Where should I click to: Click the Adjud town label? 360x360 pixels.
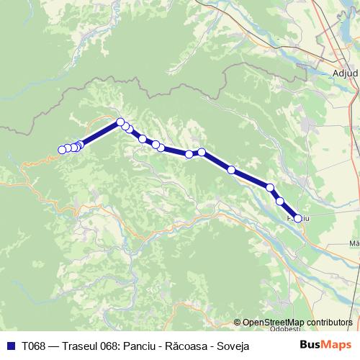point(345,73)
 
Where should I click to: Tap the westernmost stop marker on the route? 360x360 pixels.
point(62,150)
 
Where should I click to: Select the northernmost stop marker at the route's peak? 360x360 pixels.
point(120,122)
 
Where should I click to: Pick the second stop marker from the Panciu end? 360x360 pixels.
point(280,201)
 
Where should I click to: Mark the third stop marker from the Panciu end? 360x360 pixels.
point(271,187)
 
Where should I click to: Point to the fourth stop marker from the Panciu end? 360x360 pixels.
point(231,170)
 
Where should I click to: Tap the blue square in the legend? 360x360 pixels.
point(10,346)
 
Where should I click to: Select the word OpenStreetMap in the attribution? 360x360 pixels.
point(273,322)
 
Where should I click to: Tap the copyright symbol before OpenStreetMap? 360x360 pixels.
point(238,322)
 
